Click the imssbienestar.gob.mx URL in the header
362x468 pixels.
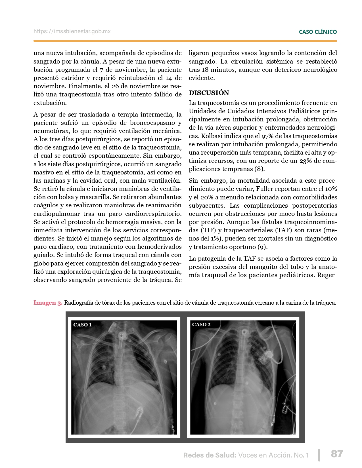tap(72, 31)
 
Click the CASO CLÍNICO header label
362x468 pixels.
tap(318, 32)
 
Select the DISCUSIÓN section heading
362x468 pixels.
tap(209, 93)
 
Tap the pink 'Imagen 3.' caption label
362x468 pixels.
tap(48, 303)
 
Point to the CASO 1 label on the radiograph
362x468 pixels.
tap(82, 325)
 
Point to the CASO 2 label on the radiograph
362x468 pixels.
tap(201, 324)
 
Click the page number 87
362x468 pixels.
tap(337, 454)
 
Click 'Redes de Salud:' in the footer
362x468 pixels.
tap(210, 455)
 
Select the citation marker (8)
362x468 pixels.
tap(259, 169)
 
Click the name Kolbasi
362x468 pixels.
tap(212, 136)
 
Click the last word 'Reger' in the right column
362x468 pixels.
tap(326, 275)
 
